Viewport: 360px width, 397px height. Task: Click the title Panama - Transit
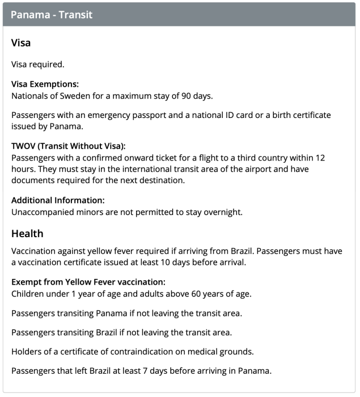point(52,15)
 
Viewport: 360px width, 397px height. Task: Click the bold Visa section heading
point(21,43)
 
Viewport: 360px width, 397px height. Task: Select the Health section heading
point(27,234)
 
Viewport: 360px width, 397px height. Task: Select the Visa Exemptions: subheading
point(45,84)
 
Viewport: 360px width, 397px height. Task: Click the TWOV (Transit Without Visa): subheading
point(69,146)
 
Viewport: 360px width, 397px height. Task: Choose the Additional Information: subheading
point(58,200)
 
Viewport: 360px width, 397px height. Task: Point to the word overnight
point(222,212)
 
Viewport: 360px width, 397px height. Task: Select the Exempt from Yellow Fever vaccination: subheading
point(88,282)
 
